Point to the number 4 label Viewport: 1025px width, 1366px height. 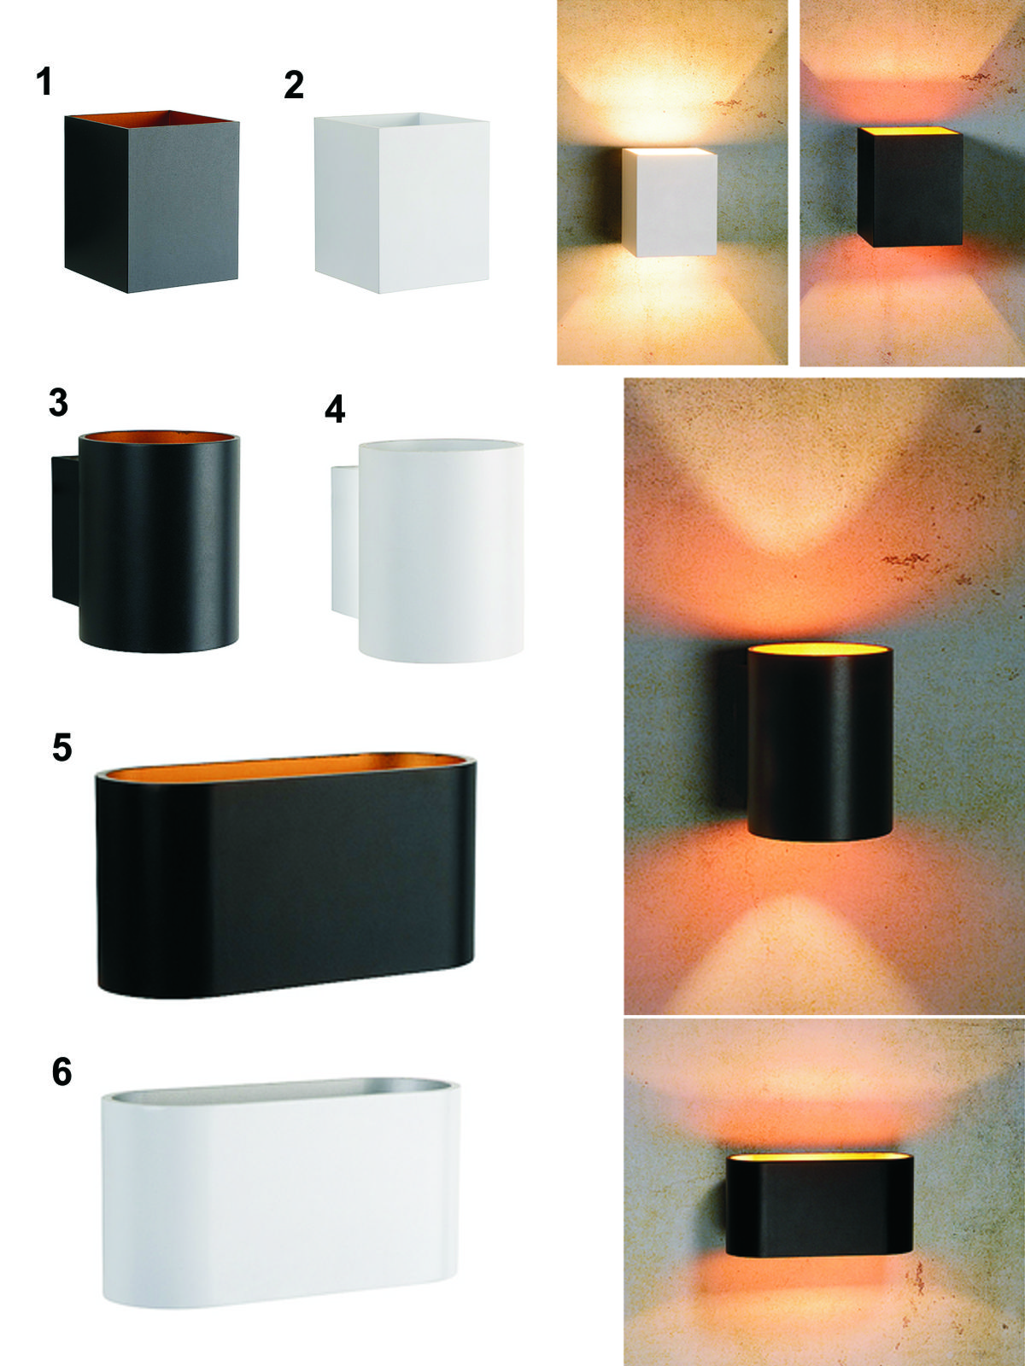[x=335, y=410]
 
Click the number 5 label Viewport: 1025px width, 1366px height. [x=61, y=747]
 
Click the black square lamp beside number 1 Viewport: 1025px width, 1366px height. [x=152, y=202]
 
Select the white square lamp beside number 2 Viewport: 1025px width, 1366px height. [x=402, y=202]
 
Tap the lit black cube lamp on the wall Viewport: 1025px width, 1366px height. [x=910, y=187]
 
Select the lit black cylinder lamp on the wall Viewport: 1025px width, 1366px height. [x=820, y=743]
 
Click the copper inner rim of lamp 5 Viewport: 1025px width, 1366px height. [x=285, y=766]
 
